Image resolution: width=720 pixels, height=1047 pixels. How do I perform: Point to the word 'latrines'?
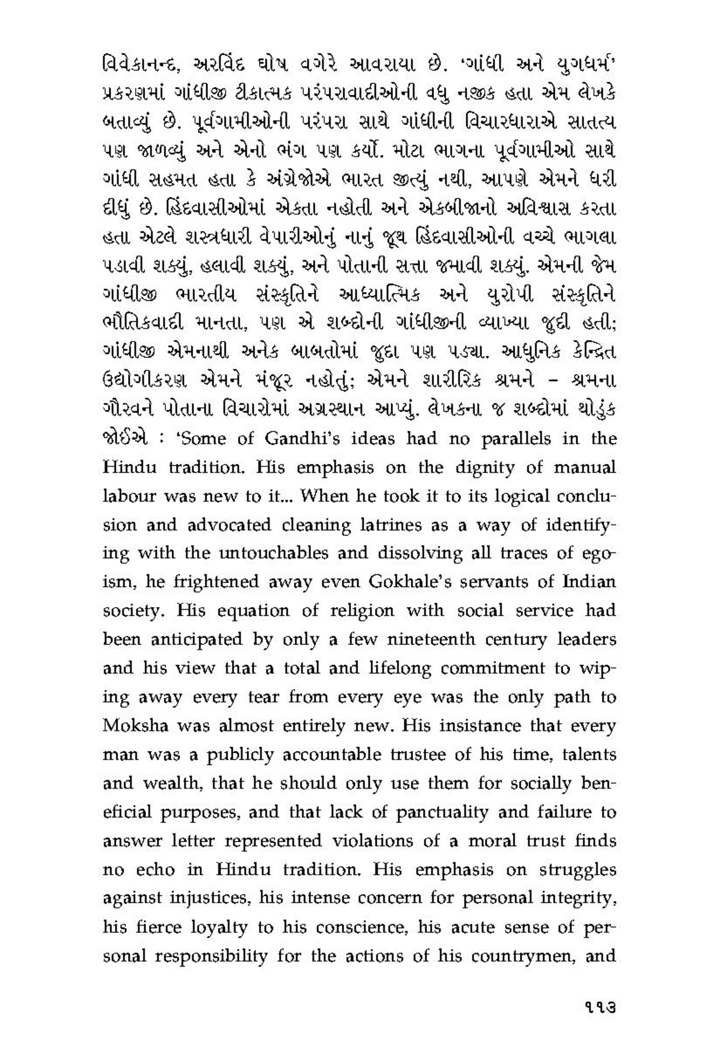tap(377, 525)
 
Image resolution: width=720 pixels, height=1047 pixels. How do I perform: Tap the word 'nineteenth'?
tap(449, 640)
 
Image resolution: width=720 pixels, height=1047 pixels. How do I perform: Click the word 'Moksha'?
tap(136, 726)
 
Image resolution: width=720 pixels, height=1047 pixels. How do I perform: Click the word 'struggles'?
tap(576, 869)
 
